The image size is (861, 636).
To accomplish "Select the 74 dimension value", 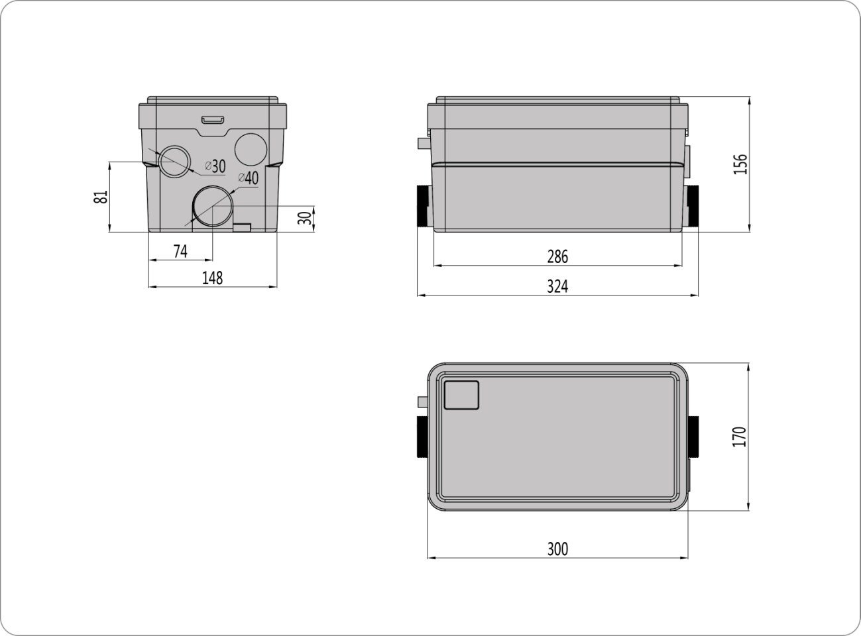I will [180, 251].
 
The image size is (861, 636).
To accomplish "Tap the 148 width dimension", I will [212, 278].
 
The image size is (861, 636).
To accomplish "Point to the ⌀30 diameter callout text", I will [215, 165].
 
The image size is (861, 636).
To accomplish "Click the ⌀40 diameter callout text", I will [248, 178].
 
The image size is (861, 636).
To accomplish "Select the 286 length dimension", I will [557, 256].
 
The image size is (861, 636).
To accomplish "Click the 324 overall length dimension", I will [557, 286].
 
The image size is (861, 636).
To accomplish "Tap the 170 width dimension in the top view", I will [740, 437].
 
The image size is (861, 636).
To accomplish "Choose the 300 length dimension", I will [557, 549].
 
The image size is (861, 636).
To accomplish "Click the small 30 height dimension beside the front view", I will [304, 218].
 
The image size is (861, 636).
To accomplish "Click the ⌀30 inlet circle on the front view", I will [174, 161].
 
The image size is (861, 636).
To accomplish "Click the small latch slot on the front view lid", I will [213, 119].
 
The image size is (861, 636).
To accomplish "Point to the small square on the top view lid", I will [461, 395].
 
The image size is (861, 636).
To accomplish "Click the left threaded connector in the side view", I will [424, 205].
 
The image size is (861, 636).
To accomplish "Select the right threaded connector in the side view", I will [692, 205].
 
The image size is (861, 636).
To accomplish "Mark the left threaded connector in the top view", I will [422, 437].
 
